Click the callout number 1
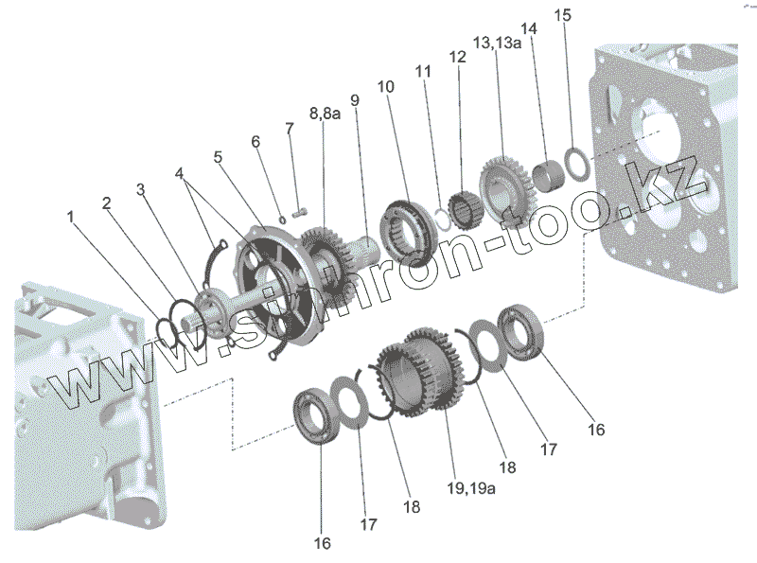pyautogui.click(x=70, y=218)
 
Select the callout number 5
pyautogui.click(x=220, y=157)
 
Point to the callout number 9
pyautogui.click(x=354, y=99)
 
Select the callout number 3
pyautogui.click(x=140, y=188)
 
